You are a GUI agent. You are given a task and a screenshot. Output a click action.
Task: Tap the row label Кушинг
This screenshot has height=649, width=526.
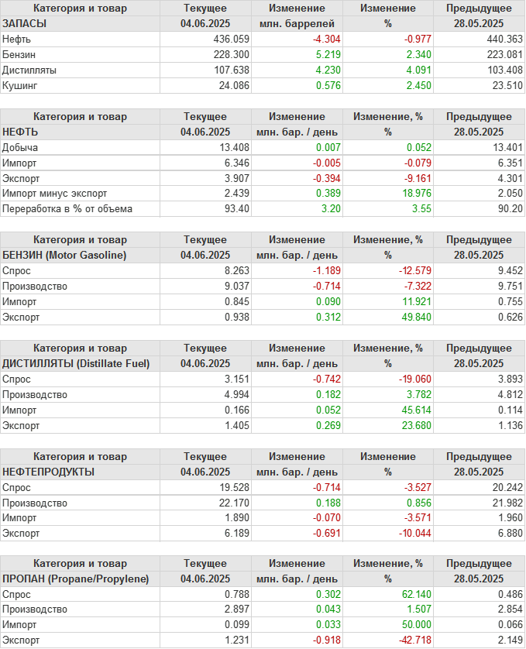click(21, 85)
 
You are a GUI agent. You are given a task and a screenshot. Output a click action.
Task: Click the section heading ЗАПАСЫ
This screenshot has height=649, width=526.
click(25, 23)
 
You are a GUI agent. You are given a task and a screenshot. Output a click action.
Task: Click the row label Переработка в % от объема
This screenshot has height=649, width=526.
click(67, 208)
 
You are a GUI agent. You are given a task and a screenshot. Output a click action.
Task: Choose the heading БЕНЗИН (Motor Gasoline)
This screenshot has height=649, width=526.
click(65, 255)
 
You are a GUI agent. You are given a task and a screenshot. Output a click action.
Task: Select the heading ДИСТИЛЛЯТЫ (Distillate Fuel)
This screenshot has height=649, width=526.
click(76, 363)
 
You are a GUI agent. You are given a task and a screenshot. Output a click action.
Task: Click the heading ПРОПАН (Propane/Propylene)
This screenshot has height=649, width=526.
click(75, 579)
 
